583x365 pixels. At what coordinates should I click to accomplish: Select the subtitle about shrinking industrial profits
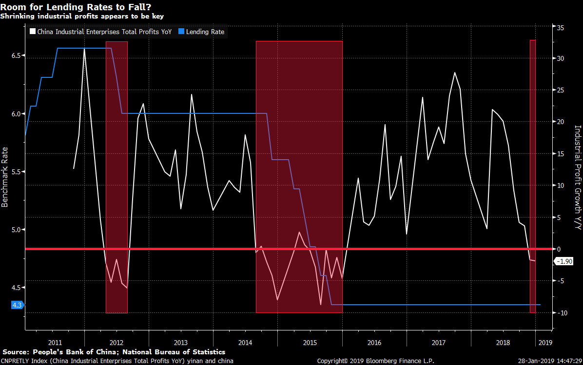[x=81, y=16]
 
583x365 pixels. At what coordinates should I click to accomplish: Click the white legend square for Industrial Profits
[x=33, y=32]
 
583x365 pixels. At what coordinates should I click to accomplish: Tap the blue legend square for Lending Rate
[x=181, y=32]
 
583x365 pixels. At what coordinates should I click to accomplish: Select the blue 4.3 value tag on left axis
[x=17, y=305]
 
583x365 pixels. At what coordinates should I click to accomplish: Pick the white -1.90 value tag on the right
[x=566, y=262]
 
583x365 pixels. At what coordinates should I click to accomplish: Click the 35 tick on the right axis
[x=561, y=28]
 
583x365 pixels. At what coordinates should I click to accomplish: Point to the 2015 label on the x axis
[x=310, y=342]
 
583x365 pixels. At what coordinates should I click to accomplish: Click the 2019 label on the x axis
[x=545, y=342]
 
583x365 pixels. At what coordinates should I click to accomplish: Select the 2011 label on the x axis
[x=55, y=342]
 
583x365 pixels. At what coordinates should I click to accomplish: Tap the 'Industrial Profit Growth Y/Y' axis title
[x=578, y=177]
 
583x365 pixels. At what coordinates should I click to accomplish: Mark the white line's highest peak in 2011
[x=84, y=50]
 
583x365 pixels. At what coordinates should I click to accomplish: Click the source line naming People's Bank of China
[x=114, y=352]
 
